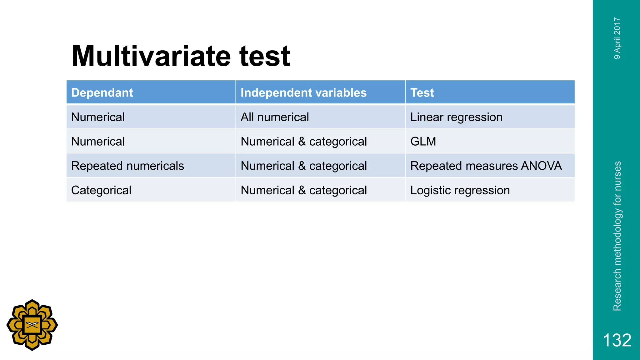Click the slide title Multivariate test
[x=181, y=56]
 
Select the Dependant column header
[x=102, y=92]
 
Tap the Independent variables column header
[x=303, y=92]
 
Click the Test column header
[x=422, y=92]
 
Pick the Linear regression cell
[x=456, y=117]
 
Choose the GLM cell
[x=423, y=142]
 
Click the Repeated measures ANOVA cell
[x=486, y=166]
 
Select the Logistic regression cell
[x=460, y=190]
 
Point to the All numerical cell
[x=275, y=117]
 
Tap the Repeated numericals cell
[x=127, y=166]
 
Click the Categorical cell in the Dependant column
[x=101, y=190]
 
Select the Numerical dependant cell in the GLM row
[x=98, y=142]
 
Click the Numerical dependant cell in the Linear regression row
[x=98, y=117]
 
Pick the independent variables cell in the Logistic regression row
[x=304, y=190]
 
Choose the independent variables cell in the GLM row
[x=304, y=142]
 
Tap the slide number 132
[x=617, y=340]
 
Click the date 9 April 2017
[x=617, y=38]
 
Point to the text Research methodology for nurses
[x=617, y=236]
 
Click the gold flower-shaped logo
[x=32, y=325]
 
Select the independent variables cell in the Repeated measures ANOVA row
[x=304, y=166]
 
